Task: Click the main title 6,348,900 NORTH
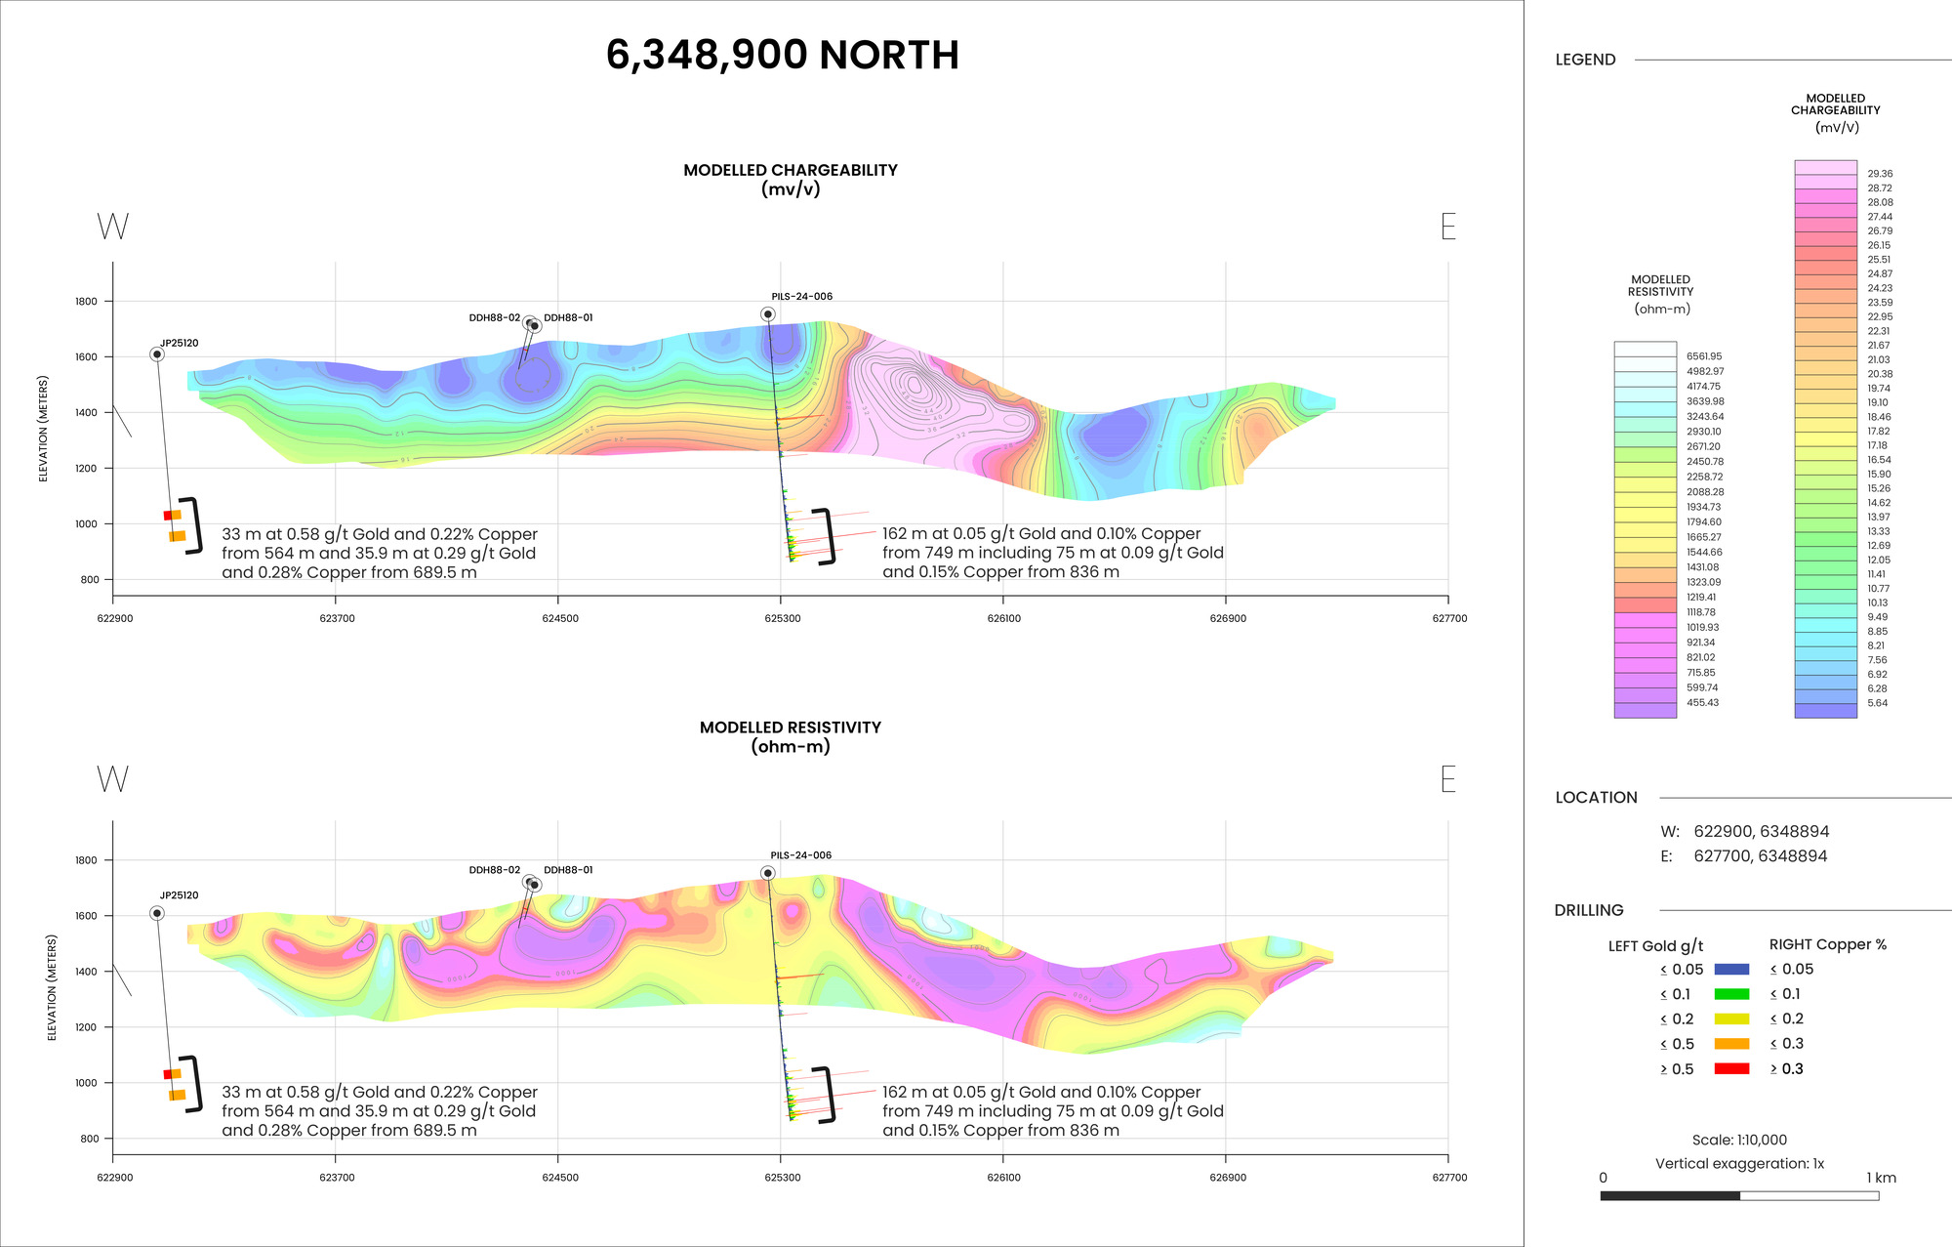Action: (x=782, y=55)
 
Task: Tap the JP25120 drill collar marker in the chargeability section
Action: (x=157, y=354)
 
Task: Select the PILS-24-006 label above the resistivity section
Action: (x=801, y=855)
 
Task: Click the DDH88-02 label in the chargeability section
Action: (x=494, y=318)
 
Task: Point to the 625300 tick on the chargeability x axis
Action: (x=782, y=618)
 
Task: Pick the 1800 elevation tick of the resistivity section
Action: (x=86, y=860)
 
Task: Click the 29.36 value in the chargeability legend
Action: (x=1880, y=174)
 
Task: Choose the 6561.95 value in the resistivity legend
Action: (x=1704, y=356)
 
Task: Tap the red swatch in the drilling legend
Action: (x=1731, y=1069)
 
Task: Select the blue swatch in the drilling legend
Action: (x=1731, y=970)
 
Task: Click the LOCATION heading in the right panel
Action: (x=1596, y=798)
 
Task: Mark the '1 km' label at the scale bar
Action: (x=1881, y=1178)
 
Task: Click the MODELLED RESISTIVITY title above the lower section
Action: (x=791, y=727)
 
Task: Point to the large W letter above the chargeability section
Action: (x=112, y=227)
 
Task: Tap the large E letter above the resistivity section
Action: (x=1448, y=779)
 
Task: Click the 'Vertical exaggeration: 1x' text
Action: (x=1739, y=1164)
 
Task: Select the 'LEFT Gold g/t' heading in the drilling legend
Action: (x=1655, y=945)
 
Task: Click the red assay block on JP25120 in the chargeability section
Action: (x=168, y=516)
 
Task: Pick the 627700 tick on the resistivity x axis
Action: (x=1449, y=1178)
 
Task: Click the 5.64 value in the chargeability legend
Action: (x=1877, y=703)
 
